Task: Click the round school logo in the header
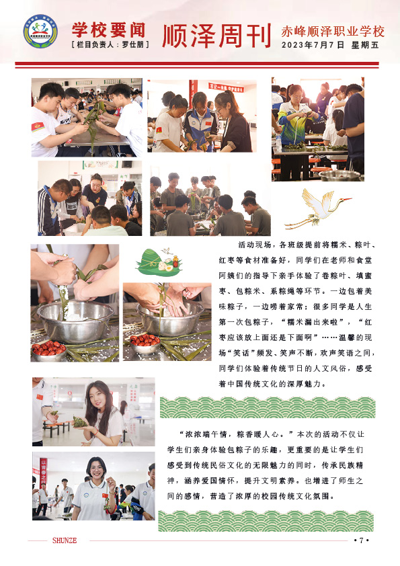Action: point(40,32)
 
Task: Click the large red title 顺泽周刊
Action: point(216,36)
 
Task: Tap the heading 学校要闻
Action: point(109,30)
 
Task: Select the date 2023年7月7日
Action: point(313,45)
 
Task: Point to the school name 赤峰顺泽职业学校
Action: point(333,32)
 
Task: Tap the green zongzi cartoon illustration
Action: point(159,262)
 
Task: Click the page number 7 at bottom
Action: point(361,540)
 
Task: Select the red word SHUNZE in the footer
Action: point(65,540)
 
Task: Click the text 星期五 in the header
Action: point(365,45)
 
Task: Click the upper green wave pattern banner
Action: point(268,407)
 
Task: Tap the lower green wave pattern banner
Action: point(266,521)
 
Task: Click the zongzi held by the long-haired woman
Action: point(79,421)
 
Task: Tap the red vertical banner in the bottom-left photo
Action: point(43,471)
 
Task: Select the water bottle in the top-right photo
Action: point(279,143)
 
